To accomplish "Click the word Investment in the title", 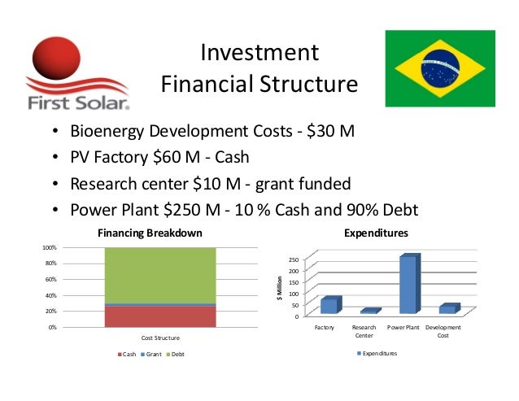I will tap(259, 54).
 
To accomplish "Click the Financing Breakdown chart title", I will tap(150, 233).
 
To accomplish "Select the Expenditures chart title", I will tap(376, 233).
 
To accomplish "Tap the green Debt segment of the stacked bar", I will tap(160, 275).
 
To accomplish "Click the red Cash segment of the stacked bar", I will tap(160, 316).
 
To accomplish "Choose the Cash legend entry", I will tap(128, 354).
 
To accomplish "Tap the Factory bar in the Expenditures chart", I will tap(329, 306).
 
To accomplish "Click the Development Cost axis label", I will tap(443, 331).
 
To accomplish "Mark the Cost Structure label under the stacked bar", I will tap(160, 337).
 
